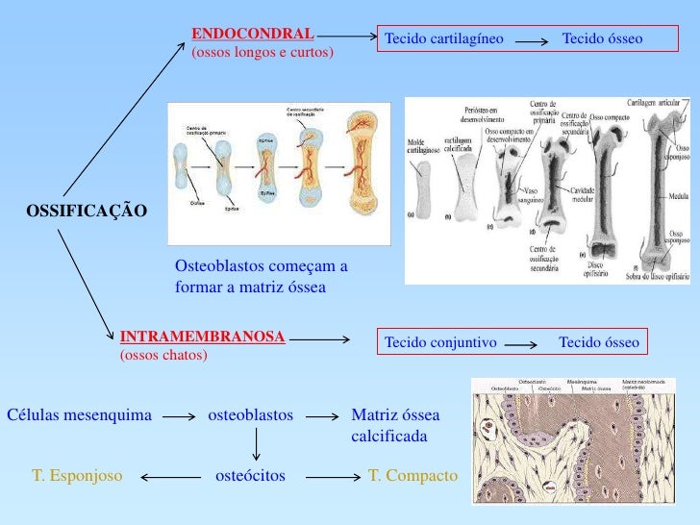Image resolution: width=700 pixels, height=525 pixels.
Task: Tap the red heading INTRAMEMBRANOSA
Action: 202,337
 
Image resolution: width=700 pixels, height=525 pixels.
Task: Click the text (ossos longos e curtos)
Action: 262,51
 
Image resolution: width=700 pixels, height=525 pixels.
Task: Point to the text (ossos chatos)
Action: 162,355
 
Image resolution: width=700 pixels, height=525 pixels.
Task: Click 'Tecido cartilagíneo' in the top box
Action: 444,39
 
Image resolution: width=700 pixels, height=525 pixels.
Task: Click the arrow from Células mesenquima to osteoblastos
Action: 180,417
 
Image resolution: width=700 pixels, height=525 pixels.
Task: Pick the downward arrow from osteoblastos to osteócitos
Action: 257,444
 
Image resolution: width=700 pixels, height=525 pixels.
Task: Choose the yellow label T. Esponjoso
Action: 76,475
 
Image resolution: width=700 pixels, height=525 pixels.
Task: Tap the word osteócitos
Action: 251,475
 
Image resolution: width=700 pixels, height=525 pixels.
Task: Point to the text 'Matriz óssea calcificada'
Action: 395,426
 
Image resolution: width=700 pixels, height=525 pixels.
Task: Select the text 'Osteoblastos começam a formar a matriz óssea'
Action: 261,276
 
